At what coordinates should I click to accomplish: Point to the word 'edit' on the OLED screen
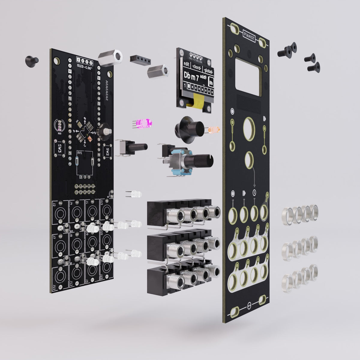(187, 64)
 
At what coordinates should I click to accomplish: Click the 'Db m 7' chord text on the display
(195, 75)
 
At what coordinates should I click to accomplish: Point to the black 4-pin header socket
(139, 60)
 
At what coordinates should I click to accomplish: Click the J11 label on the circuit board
(54, 287)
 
